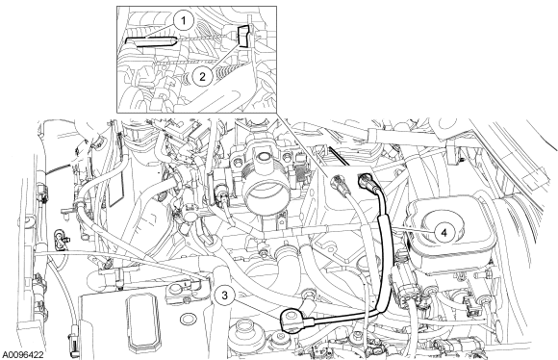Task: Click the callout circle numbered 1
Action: point(183,21)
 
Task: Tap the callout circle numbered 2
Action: point(202,76)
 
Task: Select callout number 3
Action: point(224,295)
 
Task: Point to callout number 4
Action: point(444,233)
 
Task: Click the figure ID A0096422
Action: point(23,354)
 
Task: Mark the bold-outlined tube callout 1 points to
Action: point(150,41)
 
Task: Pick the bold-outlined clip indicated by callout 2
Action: point(243,36)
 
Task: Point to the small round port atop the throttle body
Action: point(264,156)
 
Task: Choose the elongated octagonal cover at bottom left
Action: point(141,321)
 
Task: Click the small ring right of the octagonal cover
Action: point(187,319)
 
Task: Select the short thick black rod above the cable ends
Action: point(339,156)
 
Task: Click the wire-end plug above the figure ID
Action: point(74,345)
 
